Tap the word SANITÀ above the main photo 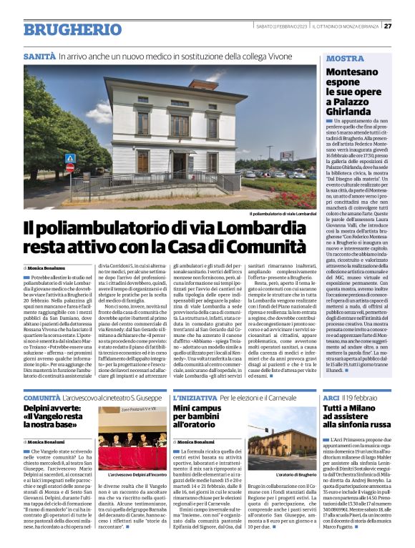pyautogui.click(x=39, y=55)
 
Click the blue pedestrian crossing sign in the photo pyautogui.click(x=70, y=158)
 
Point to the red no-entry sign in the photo pyautogui.click(x=69, y=167)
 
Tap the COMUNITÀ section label pyautogui.click(x=41, y=397)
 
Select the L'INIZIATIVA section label pyautogui.click(x=195, y=397)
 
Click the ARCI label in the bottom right pyautogui.click(x=331, y=397)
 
